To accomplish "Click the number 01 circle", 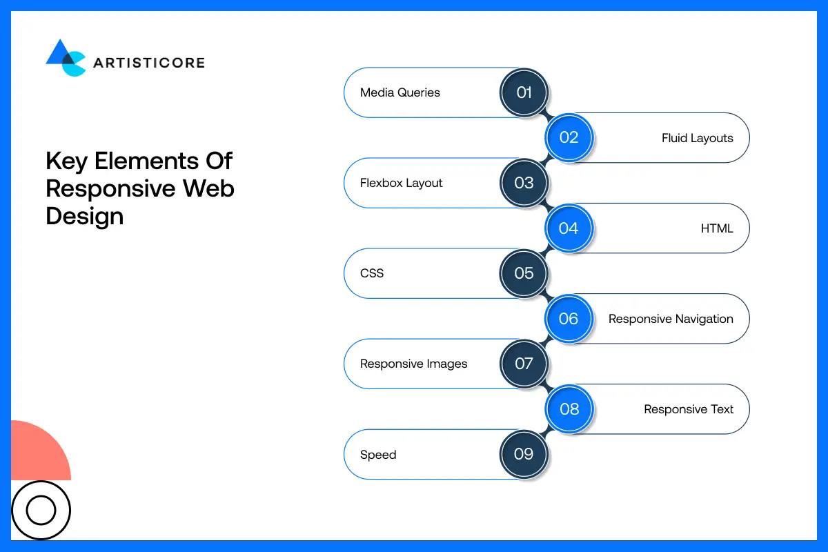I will pos(524,92).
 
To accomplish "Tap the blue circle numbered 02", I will pos(569,137).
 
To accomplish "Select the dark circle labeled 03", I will pos(524,183).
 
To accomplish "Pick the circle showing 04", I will pos(569,228).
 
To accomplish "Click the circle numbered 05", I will pos(524,273).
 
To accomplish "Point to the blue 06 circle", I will pos(569,319).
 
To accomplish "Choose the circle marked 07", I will pos(524,364).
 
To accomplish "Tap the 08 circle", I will pos(569,409).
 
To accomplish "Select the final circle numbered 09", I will pos(524,454).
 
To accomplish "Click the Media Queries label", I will pos(400,92).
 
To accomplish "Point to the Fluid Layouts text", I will pos(697,138).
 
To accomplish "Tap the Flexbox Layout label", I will pos(402,183).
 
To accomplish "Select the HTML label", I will pos(717,228).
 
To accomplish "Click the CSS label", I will pos(372,273).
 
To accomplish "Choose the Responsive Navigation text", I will pos(671,319).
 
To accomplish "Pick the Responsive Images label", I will pos(414,364).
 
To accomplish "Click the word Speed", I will pos(378,455).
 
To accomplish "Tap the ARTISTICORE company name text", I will pos(148,63).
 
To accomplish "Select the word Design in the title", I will pos(84,216).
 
